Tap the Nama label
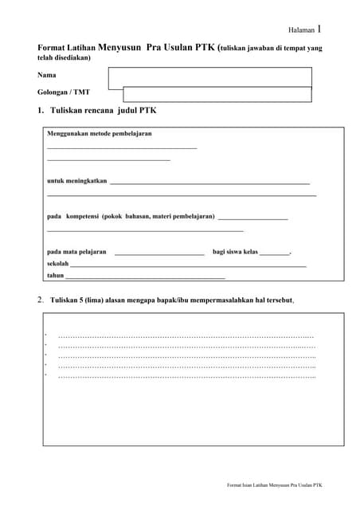(46, 75)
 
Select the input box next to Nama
(209, 76)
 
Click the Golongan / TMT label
(64, 92)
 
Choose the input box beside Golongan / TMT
(209, 94)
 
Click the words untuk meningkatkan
(77, 181)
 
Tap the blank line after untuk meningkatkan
(209, 183)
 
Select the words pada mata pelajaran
(76, 251)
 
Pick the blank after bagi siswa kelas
(275, 253)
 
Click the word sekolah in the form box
(58, 263)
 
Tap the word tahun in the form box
(56, 275)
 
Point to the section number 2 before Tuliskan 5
(40, 300)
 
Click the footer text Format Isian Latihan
(275, 484)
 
